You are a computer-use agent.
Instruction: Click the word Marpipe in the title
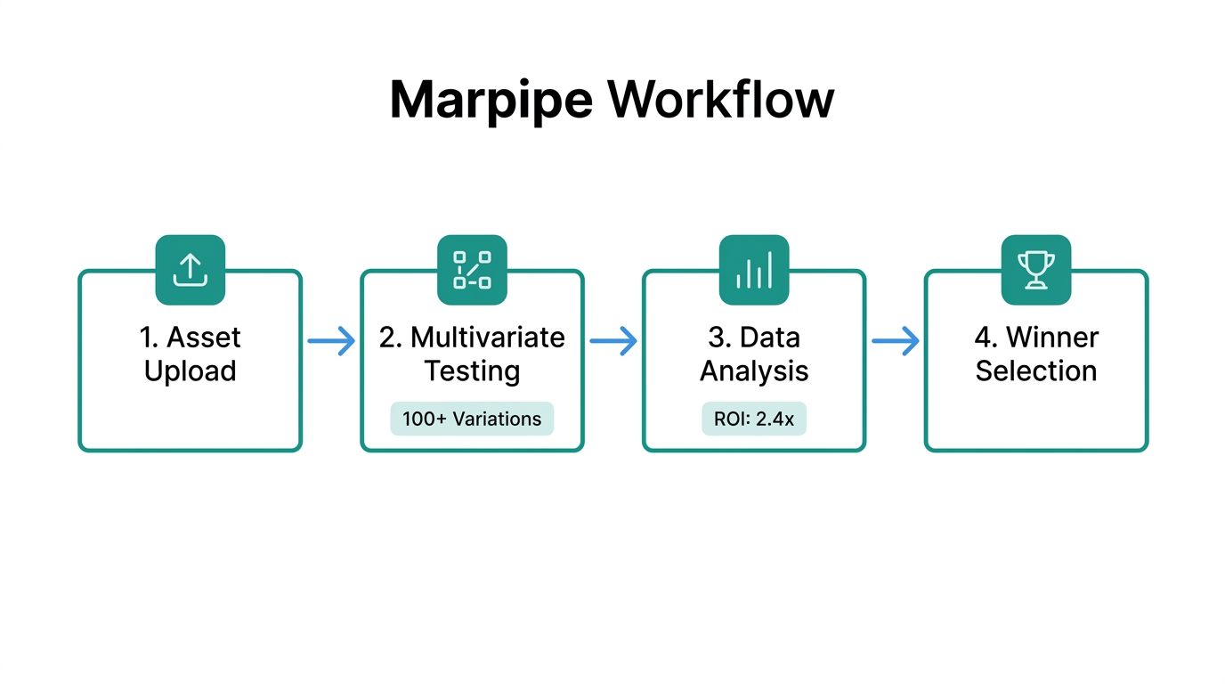coord(491,100)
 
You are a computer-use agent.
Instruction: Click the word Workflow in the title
coord(721,100)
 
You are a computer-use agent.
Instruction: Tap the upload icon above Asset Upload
coord(191,270)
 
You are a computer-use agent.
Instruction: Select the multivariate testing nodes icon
coord(472,270)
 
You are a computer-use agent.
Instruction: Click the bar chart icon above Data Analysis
coord(754,270)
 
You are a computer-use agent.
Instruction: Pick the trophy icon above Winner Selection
coord(1036,270)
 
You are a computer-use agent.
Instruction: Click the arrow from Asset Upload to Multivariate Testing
coord(331,341)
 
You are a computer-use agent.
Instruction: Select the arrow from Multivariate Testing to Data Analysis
coord(613,341)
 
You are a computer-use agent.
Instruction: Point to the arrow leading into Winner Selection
coord(895,341)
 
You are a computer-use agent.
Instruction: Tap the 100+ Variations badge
coord(472,419)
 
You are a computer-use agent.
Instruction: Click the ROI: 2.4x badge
coord(754,419)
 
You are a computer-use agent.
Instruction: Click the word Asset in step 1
coord(204,338)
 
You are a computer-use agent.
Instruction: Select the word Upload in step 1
coord(191,371)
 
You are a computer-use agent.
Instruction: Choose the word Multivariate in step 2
coord(487,338)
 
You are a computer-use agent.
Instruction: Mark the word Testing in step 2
coord(472,371)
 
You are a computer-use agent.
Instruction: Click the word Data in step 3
coord(769,338)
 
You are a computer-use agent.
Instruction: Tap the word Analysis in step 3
coord(754,371)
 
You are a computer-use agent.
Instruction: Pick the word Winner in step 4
coord(1052,338)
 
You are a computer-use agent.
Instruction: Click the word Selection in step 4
coord(1036,371)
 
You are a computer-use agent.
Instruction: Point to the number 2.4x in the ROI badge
coord(774,419)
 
